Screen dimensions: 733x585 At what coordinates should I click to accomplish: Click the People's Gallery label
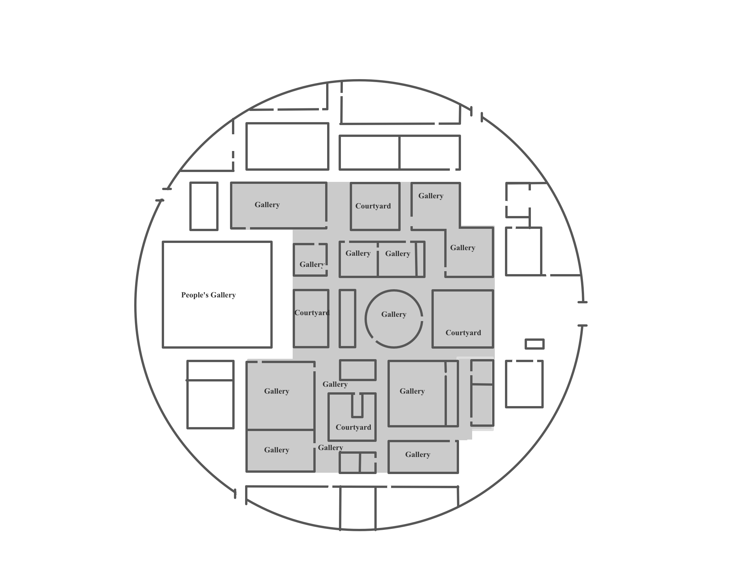tap(208, 295)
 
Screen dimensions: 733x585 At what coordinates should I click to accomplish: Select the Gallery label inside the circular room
tap(394, 314)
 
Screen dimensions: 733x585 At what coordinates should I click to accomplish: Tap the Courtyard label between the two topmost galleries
tap(373, 206)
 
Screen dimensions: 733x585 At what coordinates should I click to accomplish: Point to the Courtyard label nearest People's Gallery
tap(312, 313)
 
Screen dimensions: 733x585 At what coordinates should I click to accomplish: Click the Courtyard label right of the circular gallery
tap(463, 333)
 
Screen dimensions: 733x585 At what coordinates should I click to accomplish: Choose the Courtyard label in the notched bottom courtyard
tap(353, 427)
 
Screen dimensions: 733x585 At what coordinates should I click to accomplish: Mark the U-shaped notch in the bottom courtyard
tap(357, 405)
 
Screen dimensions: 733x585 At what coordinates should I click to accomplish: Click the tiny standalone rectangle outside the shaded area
tap(534, 344)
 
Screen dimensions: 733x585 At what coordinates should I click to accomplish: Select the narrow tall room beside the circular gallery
tap(347, 319)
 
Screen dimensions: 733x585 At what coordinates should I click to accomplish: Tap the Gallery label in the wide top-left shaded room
tap(267, 205)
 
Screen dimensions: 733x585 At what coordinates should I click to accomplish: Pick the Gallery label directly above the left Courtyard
tap(312, 265)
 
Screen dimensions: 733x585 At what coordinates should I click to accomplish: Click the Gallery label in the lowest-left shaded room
tap(276, 450)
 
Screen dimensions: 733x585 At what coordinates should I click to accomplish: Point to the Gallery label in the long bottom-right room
tap(417, 455)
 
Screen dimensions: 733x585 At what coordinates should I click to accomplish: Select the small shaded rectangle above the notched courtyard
tap(358, 370)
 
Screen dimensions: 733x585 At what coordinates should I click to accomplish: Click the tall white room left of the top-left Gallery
tap(204, 206)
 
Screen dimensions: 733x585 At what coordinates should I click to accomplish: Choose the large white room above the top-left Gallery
tap(287, 146)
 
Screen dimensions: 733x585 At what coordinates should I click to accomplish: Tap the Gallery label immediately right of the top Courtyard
tap(430, 196)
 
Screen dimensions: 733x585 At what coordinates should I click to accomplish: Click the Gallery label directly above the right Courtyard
tap(462, 248)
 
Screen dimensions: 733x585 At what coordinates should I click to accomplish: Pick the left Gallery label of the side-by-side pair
tap(358, 253)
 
